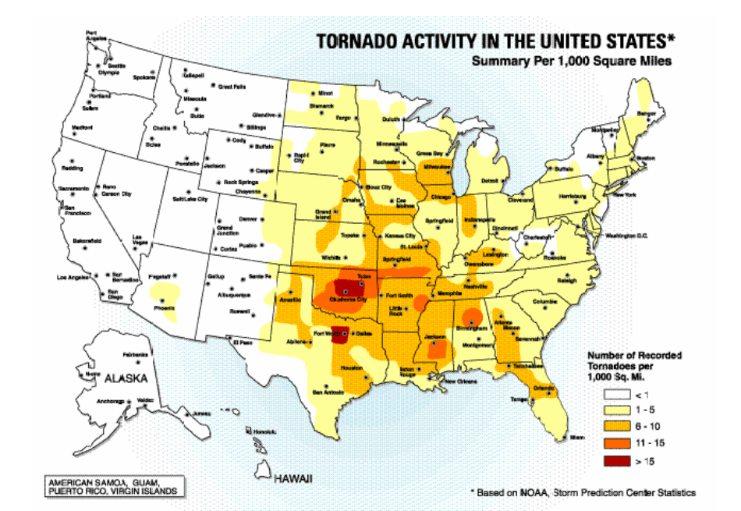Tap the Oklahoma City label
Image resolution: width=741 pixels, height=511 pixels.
click(349, 300)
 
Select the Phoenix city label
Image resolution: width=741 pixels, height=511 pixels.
click(163, 308)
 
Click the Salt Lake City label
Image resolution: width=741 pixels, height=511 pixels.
click(190, 199)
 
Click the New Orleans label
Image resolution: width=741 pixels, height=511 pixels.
click(459, 381)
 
